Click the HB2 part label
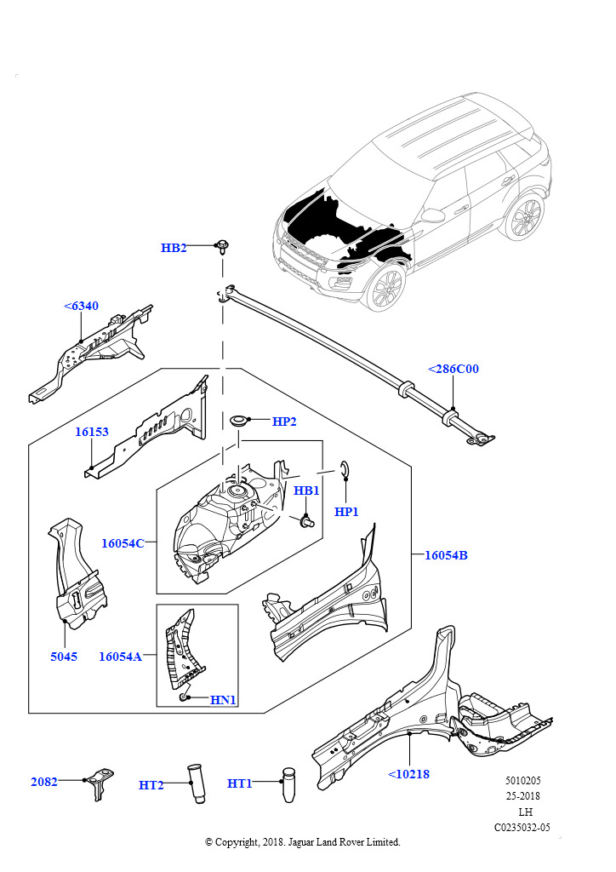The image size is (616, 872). pyautogui.click(x=174, y=248)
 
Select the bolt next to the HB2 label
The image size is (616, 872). pyautogui.click(x=223, y=248)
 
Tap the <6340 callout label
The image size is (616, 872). pyautogui.click(x=81, y=306)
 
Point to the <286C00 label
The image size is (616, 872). pyautogui.click(x=453, y=369)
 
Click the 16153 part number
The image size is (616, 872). pyautogui.click(x=91, y=432)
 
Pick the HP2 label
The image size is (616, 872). pyautogui.click(x=284, y=421)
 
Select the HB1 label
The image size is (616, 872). pyautogui.click(x=306, y=490)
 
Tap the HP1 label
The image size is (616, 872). pyautogui.click(x=346, y=512)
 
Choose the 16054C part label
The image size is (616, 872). pyautogui.click(x=123, y=542)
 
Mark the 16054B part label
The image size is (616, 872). pyautogui.click(x=446, y=555)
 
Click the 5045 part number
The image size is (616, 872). pyautogui.click(x=63, y=657)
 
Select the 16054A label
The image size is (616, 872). pyautogui.click(x=120, y=656)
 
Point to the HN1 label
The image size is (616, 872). pyautogui.click(x=223, y=699)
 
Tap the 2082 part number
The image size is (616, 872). pyautogui.click(x=44, y=781)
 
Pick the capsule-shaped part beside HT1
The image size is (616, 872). pyautogui.click(x=288, y=783)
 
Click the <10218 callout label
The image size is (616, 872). pyautogui.click(x=408, y=773)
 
